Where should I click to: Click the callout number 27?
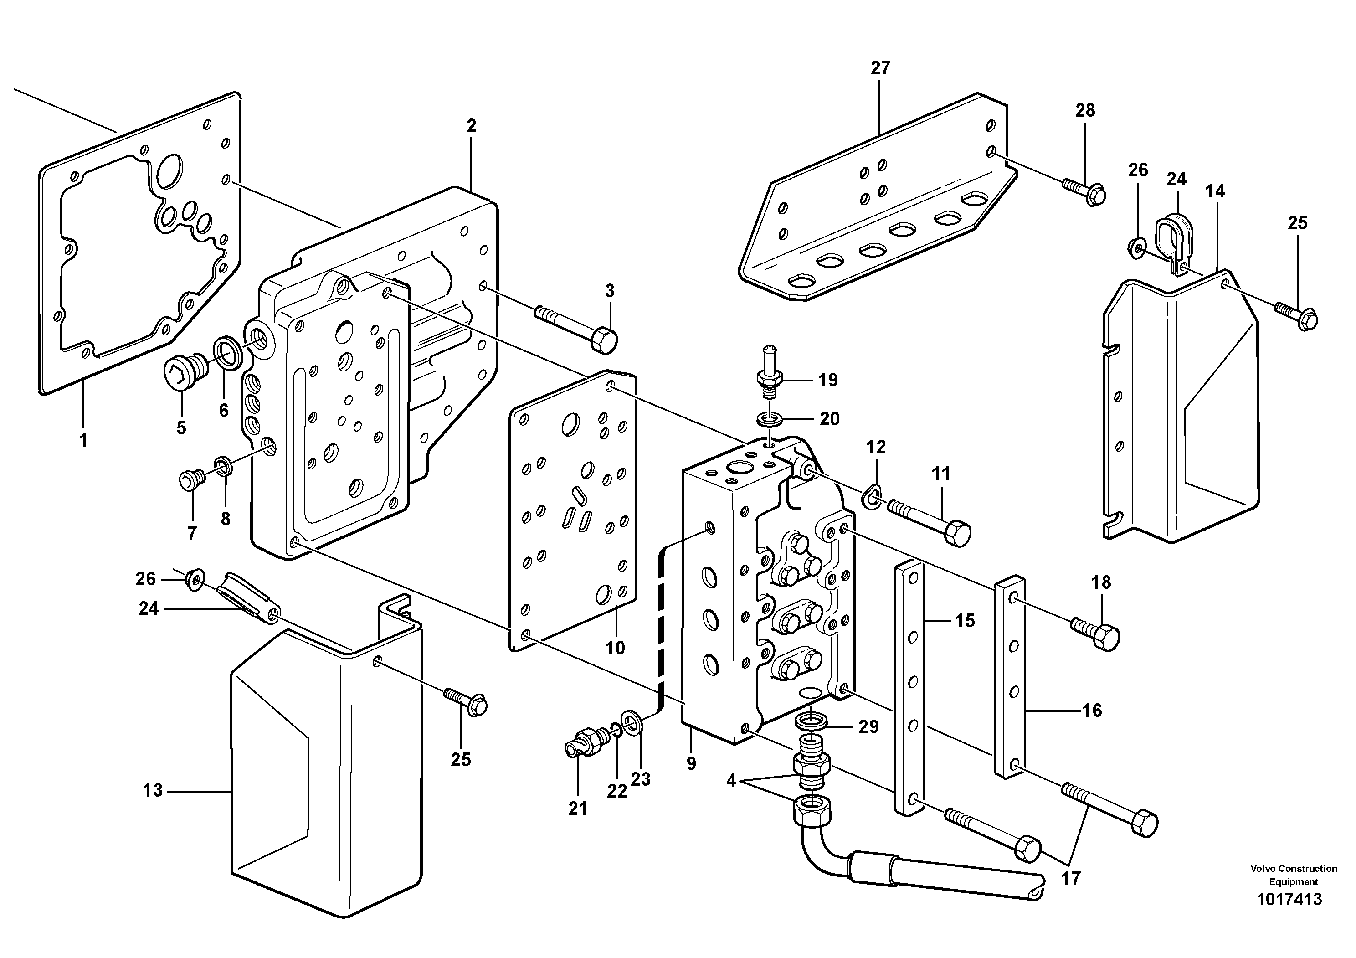click(880, 68)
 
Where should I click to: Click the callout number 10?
click(615, 648)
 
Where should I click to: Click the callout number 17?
click(1071, 878)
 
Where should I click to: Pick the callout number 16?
click(1092, 710)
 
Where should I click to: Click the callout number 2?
click(471, 126)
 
